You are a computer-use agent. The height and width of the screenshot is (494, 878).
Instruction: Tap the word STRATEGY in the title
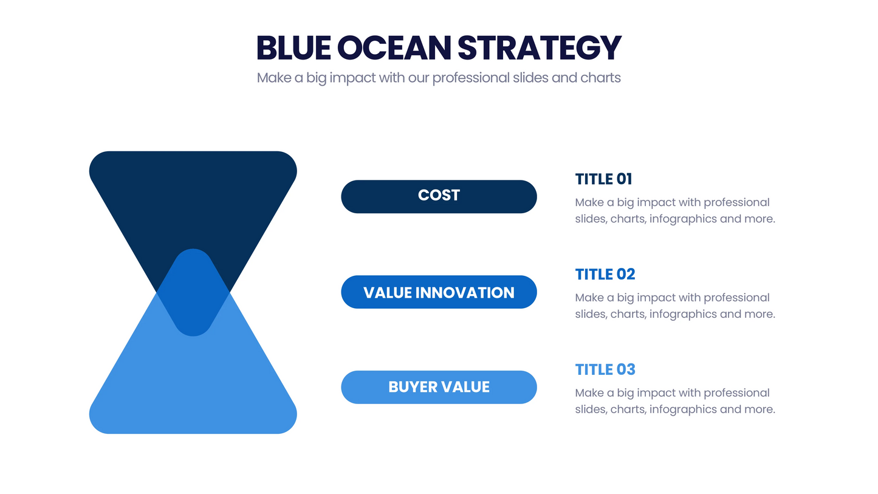click(540, 48)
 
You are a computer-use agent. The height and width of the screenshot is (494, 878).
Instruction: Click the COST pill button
click(439, 196)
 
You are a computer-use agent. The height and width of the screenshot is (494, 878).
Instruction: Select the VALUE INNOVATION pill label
click(439, 292)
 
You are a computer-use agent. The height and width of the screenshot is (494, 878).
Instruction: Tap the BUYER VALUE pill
click(439, 387)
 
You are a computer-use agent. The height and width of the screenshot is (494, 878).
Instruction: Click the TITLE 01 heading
click(603, 179)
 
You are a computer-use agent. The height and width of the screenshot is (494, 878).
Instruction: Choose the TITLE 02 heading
click(605, 274)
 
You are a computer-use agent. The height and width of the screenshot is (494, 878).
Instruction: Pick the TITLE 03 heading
click(605, 369)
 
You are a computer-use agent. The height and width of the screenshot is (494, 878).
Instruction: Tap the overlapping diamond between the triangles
click(193, 293)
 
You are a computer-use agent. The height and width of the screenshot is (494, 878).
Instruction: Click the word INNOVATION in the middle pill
click(465, 292)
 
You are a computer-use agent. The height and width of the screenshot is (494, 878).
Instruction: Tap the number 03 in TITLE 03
click(625, 369)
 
